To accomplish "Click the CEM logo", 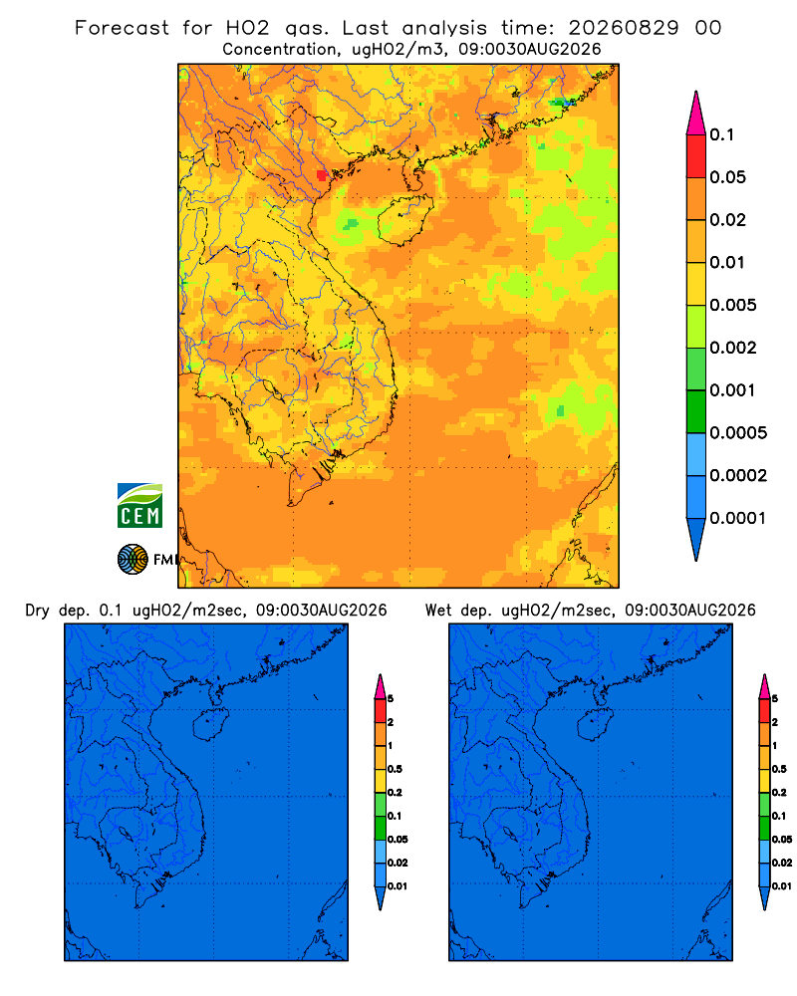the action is [x=139, y=506].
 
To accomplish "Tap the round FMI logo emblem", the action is [x=133, y=559].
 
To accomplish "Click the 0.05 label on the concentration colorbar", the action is [x=727, y=177].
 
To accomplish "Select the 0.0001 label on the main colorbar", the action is [x=738, y=518].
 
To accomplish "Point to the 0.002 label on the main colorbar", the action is [x=733, y=348].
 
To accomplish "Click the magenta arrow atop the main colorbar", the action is [x=696, y=113].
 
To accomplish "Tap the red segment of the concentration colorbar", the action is [x=696, y=156].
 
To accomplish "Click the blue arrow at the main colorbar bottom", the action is [x=696, y=540].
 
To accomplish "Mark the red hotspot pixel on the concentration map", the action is [x=322, y=175].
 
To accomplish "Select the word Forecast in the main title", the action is [x=122, y=28].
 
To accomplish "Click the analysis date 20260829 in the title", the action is [x=624, y=28].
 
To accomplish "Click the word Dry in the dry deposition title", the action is [x=38, y=611].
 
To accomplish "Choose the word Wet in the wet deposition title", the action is [x=438, y=611].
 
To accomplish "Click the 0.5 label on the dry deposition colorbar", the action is [x=395, y=769].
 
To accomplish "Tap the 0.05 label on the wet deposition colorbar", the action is [x=782, y=839].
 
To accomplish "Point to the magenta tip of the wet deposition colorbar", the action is [x=764, y=686].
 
